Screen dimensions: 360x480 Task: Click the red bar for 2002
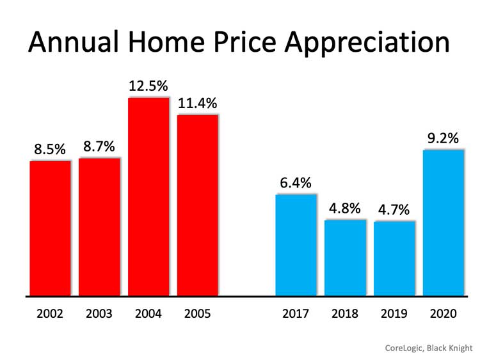tap(50, 228)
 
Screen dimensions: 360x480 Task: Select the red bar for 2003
tap(99, 227)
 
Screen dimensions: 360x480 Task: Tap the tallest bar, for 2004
tap(148, 197)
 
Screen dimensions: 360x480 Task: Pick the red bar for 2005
tap(198, 205)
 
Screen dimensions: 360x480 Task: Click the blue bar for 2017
tap(296, 245)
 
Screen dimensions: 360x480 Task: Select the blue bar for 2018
tap(345, 258)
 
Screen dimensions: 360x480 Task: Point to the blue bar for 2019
tap(394, 258)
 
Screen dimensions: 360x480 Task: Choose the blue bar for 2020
tap(443, 223)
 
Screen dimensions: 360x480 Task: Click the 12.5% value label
tap(148, 86)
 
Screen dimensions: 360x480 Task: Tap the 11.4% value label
tap(198, 103)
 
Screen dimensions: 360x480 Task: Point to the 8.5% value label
tap(50, 149)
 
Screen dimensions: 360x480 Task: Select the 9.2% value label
tap(443, 137)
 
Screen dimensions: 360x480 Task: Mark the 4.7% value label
tap(394, 209)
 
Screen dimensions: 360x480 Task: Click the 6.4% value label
tap(296, 182)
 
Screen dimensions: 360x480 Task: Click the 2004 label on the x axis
tap(148, 314)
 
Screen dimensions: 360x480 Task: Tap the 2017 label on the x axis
tap(296, 314)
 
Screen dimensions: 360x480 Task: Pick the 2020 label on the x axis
tap(443, 314)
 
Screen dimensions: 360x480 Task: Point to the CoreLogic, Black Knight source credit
tap(428, 348)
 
